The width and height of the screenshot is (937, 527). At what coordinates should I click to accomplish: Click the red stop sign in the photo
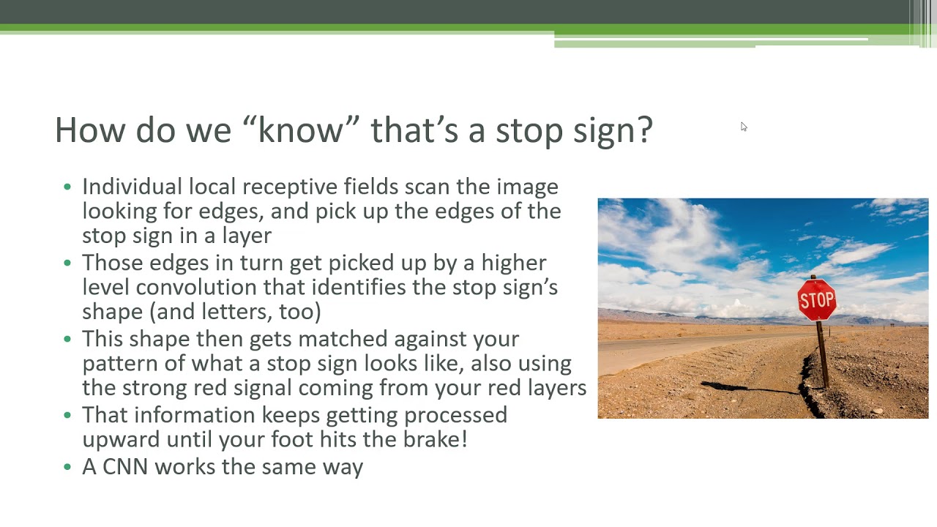pyautogui.click(x=817, y=300)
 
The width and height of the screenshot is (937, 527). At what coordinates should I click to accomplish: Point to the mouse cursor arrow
pyautogui.click(x=743, y=127)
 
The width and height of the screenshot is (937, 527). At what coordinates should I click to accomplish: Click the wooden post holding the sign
pyautogui.click(x=823, y=355)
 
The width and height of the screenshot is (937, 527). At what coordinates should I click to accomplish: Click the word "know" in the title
pyautogui.click(x=300, y=130)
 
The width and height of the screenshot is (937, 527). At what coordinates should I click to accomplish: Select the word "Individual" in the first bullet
pyautogui.click(x=132, y=187)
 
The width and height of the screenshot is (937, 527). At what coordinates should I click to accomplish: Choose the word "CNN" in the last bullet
pyautogui.click(x=125, y=467)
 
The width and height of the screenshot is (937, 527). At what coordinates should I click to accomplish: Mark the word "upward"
pyautogui.click(x=121, y=439)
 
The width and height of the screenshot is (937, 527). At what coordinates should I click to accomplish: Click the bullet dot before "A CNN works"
pyautogui.click(x=67, y=467)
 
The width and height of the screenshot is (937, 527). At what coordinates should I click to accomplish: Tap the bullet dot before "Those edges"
pyautogui.click(x=67, y=263)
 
